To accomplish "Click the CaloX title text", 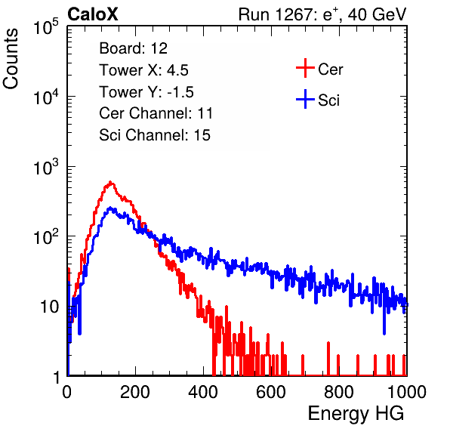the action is coord(92,14).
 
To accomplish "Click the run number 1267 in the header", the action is coord(293,14).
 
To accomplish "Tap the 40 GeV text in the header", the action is coord(377,14).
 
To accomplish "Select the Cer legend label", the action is coord(330,69).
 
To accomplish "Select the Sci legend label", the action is coord(328,100).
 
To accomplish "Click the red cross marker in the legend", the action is coord(305,68).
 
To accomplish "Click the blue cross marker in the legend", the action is coord(305,99).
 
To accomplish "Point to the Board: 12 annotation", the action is coord(133,48).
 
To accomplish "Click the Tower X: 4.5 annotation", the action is coord(143,70).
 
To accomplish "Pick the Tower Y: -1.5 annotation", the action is coord(146,92).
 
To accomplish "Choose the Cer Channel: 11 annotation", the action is coord(156,113).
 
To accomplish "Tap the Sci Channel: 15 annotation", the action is coord(155,135).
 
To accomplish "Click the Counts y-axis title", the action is coord(11,59).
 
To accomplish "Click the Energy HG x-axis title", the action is coord(356,414).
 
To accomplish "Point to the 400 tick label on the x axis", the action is coord(203,392).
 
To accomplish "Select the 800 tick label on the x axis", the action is coord(339,392).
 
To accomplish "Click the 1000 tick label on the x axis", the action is coord(407,392).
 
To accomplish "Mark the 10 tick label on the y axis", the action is coord(50,307).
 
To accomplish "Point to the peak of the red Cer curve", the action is coord(110,182).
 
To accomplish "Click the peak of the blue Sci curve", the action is coord(110,208).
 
